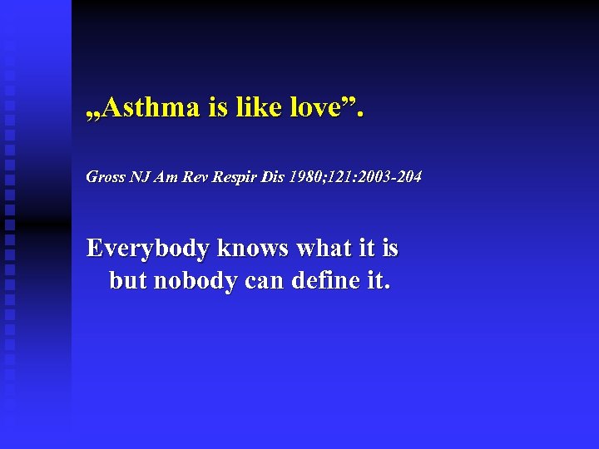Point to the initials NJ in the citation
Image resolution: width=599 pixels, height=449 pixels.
pos(138,177)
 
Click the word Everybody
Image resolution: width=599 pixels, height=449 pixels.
pos(148,249)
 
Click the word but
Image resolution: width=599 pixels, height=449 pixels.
pos(127,281)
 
